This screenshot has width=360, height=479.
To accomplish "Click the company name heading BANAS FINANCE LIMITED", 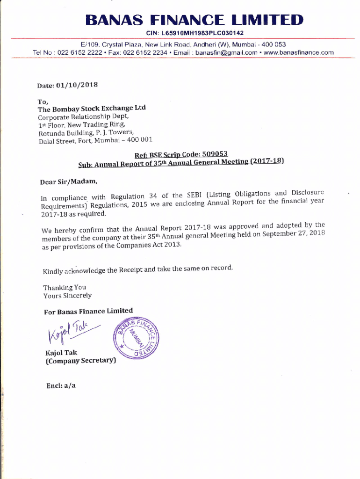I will pyautogui.click(x=194, y=20).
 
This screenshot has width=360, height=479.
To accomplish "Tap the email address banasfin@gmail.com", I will pyautogui.click(x=226, y=52).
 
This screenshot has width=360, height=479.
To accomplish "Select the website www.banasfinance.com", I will pyautogui.click(x=299, y=52).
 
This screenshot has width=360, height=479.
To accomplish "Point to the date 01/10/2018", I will pyautogui.click(x=77, y=85).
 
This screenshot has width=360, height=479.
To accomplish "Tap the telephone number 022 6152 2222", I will pyautogui.click(x=79, y=52).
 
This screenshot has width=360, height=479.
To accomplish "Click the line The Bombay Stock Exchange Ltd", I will pyautogui.click(x=92, y=109).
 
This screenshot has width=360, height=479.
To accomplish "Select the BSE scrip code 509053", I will pyautogui.click(x=211, y=154).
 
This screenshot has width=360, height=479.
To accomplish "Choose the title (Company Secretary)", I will pyautogui.click(x=80, y=361).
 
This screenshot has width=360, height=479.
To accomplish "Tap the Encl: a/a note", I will pyautogui.click(x=60, y=385).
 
